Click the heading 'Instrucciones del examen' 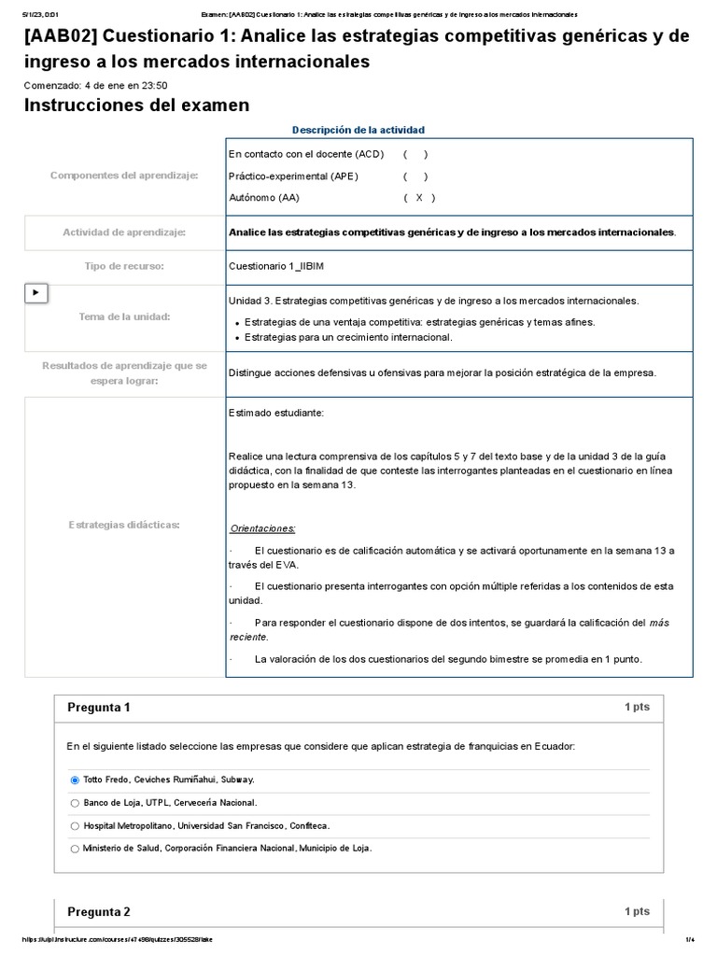(x=136, y=105)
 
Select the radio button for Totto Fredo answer (x=75, y=779)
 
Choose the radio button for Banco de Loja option (x=75, y=802)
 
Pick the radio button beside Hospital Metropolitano (x=75, y=825)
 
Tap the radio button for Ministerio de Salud (x=75, y=848)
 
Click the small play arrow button (x=35, y=292)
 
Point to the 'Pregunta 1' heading (x=99, y=708)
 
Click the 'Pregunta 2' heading (x=99, y=912)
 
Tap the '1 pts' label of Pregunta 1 (x=637, y=708)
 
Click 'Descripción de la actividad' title (x=358, y=130)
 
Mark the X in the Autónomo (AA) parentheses (x=419, y=198)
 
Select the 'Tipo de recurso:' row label (x=124, y=266)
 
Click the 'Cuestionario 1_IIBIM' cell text (x=276, y=266)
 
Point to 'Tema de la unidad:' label (x=124, y=317)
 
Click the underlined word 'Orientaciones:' (x=262, y=527)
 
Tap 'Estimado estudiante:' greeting (x=276, y=412)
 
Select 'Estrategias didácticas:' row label (x=124, y=525)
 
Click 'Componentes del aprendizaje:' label (x=124, y=175)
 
